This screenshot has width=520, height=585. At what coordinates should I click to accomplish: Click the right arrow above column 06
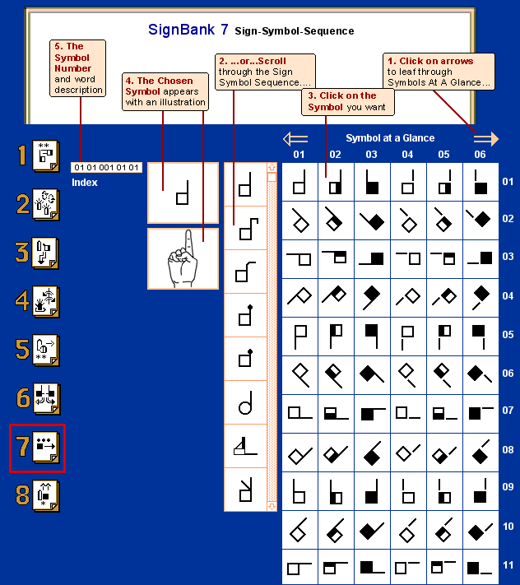pos(485,138)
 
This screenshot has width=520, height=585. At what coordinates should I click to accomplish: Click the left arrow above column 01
pos(295,138)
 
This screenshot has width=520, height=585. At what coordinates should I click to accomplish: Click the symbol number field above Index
pos(107,168)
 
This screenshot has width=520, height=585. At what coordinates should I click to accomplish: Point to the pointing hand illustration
pos(182,259)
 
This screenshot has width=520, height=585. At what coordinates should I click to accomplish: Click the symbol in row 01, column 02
pos(336,181)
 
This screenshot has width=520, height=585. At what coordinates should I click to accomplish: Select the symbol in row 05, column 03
pos(372,336)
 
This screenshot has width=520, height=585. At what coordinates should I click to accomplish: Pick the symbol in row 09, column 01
pos(299,490)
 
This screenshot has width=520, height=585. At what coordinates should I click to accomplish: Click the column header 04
pos(407,154)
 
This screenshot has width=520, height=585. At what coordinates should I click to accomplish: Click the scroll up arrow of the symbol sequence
pos(272,167)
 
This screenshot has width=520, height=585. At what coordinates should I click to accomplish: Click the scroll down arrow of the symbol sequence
pos(272,506)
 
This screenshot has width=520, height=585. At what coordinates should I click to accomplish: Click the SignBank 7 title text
pos(188,30)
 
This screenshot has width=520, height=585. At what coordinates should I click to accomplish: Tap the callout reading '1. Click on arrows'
pos(439,72)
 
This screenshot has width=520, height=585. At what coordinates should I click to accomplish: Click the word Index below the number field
pos(85,183)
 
